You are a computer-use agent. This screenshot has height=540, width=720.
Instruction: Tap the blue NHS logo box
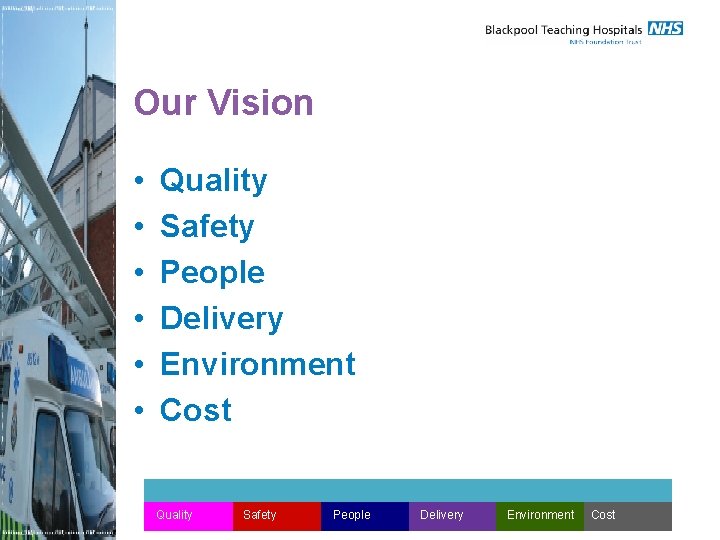(665, 28)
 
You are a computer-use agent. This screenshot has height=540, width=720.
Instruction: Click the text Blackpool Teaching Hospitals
(563, 30)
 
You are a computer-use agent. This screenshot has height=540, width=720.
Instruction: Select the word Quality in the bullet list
(213, 181)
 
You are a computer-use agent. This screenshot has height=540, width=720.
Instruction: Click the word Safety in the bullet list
(207, 227)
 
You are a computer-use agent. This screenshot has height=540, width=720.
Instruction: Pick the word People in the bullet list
(212, 272)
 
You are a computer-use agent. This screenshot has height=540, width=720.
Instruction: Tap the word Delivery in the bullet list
(221, 318)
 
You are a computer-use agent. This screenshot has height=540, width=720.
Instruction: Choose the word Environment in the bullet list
(257, 364)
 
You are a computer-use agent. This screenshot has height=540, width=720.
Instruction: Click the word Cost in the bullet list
(195, 410)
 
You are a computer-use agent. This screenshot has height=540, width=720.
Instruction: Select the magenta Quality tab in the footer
(188, 515)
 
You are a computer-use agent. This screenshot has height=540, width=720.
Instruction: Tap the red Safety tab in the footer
(276, 515)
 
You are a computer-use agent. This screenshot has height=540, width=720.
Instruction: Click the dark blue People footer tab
(364, 515)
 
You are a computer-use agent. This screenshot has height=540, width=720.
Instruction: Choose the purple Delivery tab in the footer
(452, 515)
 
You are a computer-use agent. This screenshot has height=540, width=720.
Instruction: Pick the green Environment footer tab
(540, 515)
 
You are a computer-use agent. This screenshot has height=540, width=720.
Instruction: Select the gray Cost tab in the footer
(627, 515)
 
